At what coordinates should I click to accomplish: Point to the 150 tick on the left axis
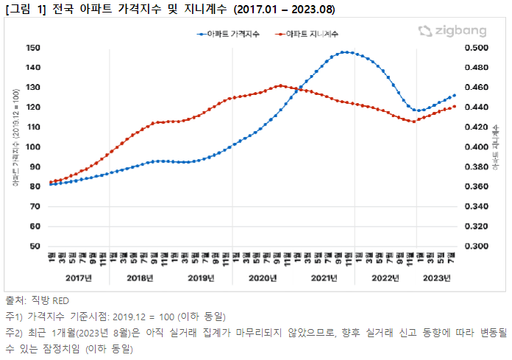tap(32, 48)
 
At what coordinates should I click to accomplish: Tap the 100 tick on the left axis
tap(32, 147)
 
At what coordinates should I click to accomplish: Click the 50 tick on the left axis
tap(35, 246)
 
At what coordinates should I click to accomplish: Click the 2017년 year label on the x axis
tap(78, 278)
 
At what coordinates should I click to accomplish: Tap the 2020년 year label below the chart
tap(263, 278)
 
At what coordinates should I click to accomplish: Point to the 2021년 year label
tap(324, 278)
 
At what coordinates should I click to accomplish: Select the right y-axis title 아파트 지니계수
tap(496, 147)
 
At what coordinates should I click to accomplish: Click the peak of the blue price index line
tap(346, 52)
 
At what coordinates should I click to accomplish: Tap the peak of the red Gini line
tap(280, 85)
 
